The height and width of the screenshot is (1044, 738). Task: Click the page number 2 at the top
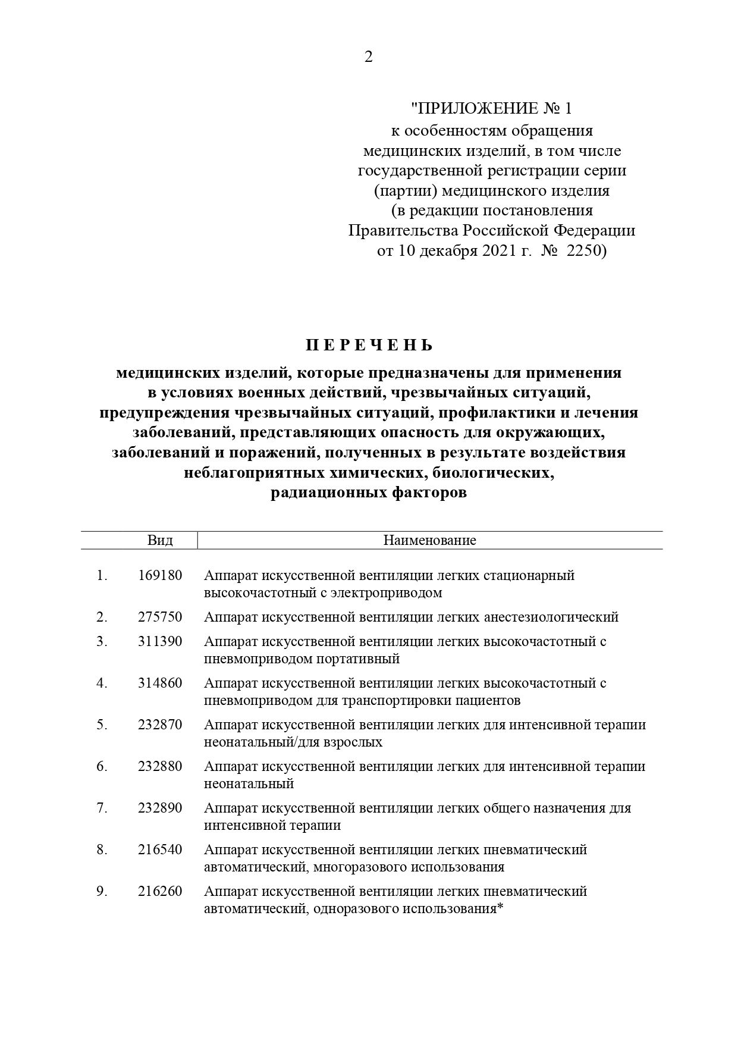368,57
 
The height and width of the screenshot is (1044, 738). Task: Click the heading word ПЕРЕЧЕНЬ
369,346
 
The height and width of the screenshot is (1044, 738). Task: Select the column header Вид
160,540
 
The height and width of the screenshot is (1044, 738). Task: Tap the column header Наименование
429,540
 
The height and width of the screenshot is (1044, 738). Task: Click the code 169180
160,575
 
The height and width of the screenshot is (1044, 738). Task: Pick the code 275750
160,617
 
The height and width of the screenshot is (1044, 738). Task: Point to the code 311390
160,641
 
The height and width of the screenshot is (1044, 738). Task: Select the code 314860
160,683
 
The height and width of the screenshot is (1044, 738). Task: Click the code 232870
160,725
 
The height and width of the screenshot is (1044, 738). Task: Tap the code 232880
160,766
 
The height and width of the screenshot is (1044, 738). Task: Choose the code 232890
160,808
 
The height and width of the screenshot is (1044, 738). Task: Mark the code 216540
160,849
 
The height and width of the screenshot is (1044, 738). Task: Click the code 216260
160,891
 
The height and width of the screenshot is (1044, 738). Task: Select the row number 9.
102,891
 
